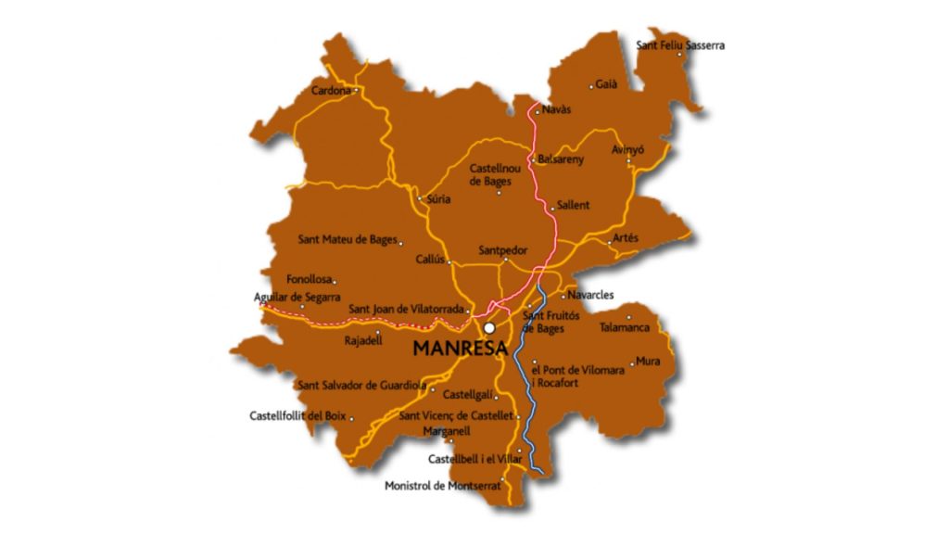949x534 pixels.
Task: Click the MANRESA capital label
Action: pos(460,350)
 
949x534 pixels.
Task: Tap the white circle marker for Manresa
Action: pos(488,328)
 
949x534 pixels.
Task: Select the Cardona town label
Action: pos(331,91)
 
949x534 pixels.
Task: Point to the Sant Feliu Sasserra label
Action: pos(680,44)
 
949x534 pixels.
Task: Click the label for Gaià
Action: pos(606,84)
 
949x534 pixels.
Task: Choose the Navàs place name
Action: pos(556,109)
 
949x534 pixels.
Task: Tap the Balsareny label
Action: pos(561,159)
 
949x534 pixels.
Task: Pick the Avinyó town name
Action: pos(627,149)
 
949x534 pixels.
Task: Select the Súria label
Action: pos(437,198)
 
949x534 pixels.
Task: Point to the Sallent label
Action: pos(573,205)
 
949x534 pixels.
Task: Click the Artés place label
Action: pos(626,238)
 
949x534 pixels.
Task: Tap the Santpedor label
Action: pos(502,250)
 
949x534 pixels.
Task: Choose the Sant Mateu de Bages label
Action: pos(348,239)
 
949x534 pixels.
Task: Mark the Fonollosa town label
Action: pos(310,278)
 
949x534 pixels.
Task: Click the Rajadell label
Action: pos(363,340)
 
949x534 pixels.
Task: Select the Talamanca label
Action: pos(625,327)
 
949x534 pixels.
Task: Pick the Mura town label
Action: pos(648,362)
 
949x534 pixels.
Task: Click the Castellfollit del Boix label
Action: pos(297,415)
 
